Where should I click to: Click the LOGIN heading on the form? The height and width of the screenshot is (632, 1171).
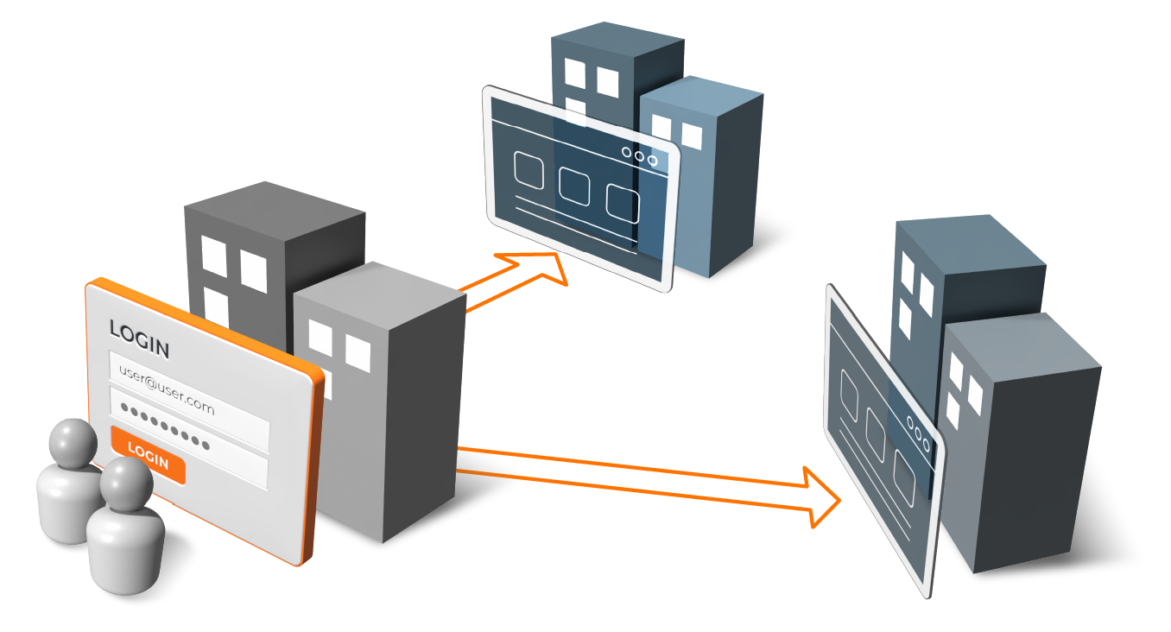138,338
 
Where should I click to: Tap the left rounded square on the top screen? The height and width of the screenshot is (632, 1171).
529,170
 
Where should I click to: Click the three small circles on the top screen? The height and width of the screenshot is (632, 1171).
639,157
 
